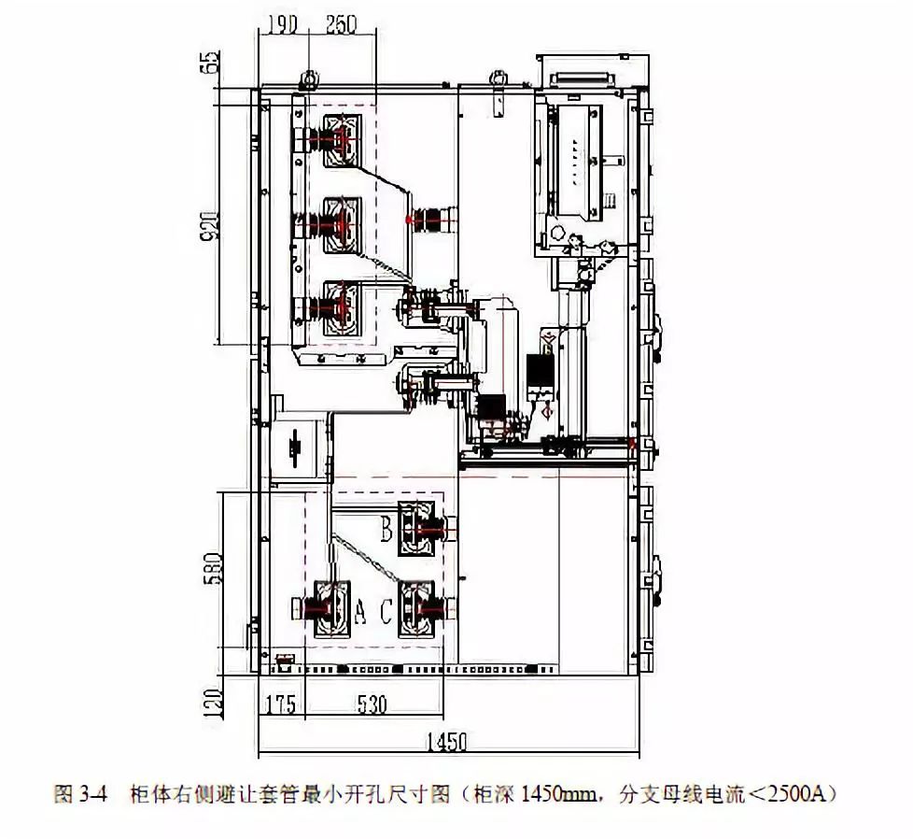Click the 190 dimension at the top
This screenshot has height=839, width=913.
(280, 25)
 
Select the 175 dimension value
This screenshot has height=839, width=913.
(279, 703)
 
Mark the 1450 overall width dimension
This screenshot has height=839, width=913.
(445, 743)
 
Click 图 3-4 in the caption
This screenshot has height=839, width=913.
(83, 795)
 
